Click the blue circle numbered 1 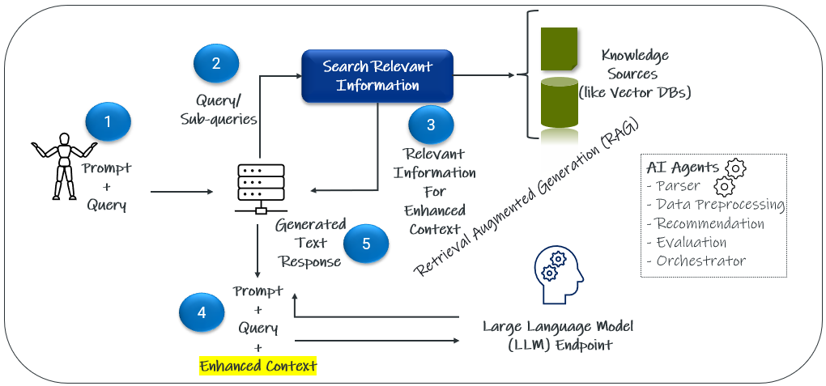pos(108,123)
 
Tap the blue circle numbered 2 pos(216,65)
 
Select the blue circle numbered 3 pos(431,125)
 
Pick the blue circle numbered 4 pos(202,312)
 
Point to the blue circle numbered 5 pos(366,245)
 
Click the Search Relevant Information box pos(377,76)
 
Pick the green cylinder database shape pos(559,105)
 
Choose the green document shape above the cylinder pos(559,47)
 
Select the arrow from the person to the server pos(180,192)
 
